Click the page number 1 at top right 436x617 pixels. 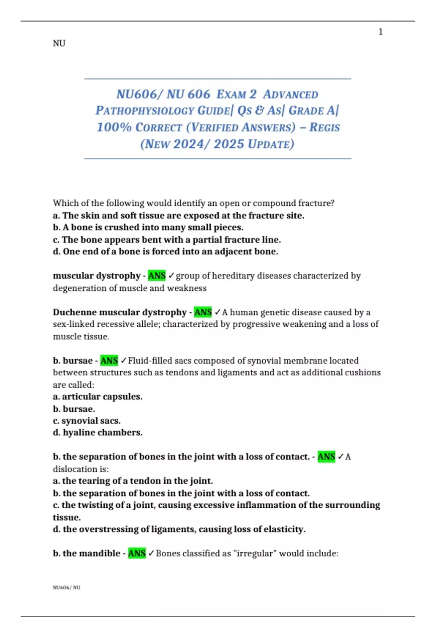380,32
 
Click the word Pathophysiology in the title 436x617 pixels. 145,111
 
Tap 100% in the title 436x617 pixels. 114,127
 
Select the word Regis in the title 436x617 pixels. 324,127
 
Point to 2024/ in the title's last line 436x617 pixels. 191,144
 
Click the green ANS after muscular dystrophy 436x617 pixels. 157,276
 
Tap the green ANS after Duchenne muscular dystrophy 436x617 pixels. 203,312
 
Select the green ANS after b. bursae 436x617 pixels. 109,361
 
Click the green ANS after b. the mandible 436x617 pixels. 137,553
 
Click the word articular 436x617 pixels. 80,397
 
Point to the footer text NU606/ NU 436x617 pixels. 66,588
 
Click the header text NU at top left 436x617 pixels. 59,44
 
